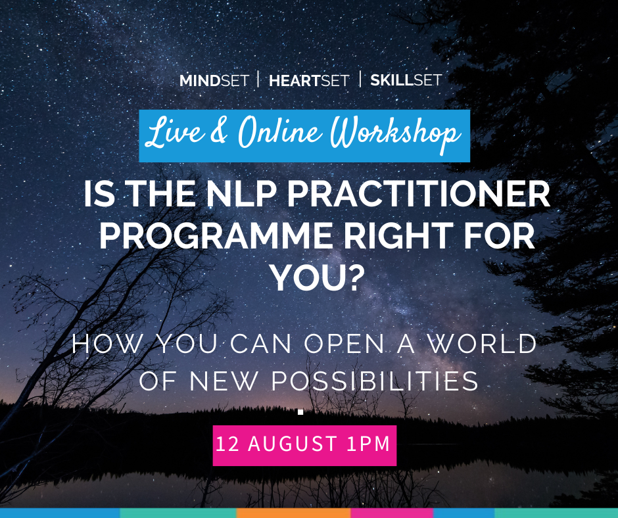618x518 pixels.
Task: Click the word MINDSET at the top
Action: (214, 81)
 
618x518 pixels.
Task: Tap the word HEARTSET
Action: (309, 81)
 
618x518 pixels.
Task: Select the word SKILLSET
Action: (406, 80)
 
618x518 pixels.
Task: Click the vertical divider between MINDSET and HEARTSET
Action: (258, 79)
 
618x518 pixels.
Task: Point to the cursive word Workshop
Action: (395, 134)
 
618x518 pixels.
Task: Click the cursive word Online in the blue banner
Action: (280, 132)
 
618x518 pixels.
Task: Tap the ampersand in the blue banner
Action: (219, 131)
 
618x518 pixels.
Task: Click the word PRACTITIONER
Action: (419, 194)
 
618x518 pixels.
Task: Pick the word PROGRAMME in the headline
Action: (216, 236)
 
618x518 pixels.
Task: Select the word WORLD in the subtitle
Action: (483, 344)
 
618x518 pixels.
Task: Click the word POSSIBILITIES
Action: (375, 381)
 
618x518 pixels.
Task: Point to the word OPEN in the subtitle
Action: (344, 344)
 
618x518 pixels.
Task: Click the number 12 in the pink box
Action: (227, 444)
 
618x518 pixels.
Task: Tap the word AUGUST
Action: (292, 444)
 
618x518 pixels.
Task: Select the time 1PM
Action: (368, 444)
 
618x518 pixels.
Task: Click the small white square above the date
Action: (300, 412)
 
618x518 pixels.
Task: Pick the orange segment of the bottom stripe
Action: (294, 513)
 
